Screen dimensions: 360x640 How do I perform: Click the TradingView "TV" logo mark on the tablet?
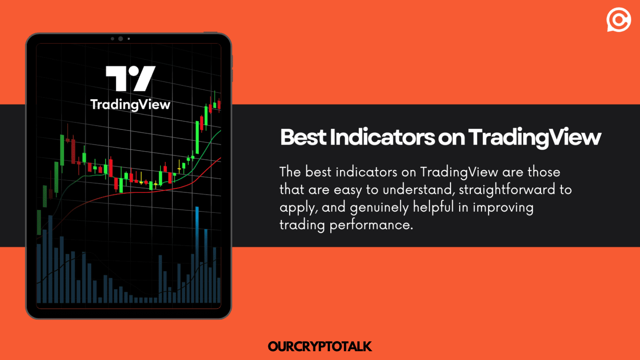pos(130,78)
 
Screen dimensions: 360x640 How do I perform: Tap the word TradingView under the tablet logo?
pos(130,105)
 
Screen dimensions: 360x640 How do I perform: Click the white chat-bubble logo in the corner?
pos(618,20)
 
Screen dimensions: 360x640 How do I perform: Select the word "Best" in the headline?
pos(303,137)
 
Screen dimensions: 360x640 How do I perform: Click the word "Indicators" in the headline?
pos(382,137)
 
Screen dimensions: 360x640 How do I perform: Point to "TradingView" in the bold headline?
pos(535,137)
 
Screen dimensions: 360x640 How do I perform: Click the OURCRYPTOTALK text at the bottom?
pos(320,346)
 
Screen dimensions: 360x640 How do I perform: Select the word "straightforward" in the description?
pos(507,190)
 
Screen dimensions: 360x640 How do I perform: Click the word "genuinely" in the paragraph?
pos(379,207)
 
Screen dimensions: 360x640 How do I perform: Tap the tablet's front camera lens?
pos(120,39)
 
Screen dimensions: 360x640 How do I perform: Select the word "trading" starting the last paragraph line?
pos(302,225)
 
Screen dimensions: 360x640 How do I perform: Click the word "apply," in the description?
pos(298,207)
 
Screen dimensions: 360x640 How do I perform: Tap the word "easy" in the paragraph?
pos(348,190)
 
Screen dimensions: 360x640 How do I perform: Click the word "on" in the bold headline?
pos(451,138)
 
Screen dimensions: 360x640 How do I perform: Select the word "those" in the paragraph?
pos(544,172)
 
